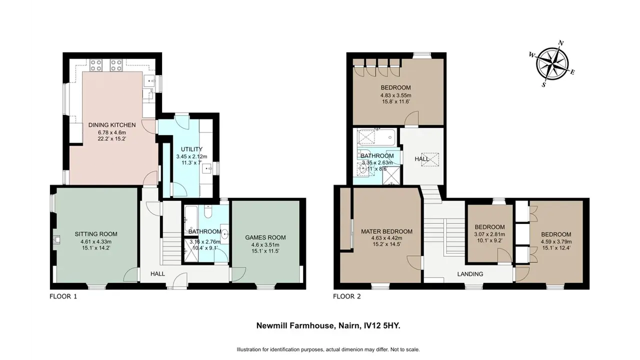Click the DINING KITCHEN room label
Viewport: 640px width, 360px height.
tap(112, 125)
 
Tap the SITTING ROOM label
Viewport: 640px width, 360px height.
tap(96, 234)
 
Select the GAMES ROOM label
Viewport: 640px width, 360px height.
tap(265, 237)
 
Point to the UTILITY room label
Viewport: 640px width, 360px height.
tap(191, 149)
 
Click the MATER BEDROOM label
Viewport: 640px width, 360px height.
tap(386, 231)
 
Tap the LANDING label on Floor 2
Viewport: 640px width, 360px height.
tap(470, 274)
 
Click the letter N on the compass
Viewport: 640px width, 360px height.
tap(561, 43)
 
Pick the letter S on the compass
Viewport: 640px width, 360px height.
tap(543, 84)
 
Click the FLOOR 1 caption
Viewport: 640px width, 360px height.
tap(63, 296)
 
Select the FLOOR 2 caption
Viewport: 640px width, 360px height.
tap(347, 296)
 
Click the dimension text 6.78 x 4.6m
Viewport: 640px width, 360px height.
tap(112, 132)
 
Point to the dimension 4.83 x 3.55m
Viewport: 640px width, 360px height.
tap(395, 95)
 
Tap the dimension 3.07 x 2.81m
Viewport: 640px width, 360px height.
tap(489, 234)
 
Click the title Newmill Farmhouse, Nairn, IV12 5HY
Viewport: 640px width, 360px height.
tap(328, 325)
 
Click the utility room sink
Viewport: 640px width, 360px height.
tap(207, 169)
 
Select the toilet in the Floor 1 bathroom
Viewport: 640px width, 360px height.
tap(208, 212)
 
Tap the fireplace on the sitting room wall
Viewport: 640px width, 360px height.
tap(57, 240)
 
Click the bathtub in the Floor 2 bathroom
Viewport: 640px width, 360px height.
tap(377, 137)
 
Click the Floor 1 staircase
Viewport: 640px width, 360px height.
tap(172, 248)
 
